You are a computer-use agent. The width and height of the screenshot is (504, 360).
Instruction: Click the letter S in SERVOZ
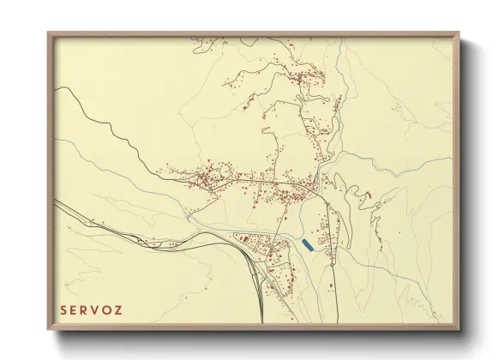(63, 308)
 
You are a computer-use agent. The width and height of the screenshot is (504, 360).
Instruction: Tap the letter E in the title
(76, 308)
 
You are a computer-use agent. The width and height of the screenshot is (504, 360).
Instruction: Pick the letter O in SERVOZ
(117, 308)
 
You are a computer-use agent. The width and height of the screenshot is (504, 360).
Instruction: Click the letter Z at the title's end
(131, 308)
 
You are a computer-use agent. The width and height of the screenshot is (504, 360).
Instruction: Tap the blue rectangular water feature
(307, 245)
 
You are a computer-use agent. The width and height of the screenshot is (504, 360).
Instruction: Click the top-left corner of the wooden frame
(48, 33)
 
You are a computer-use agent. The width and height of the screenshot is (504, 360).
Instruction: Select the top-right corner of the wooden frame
(459, 33)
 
